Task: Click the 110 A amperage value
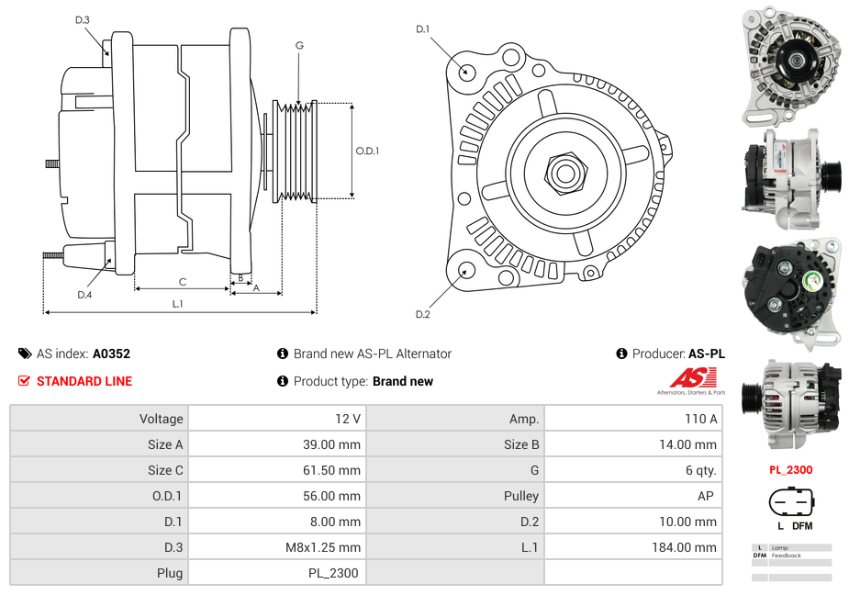(x=701, y=419)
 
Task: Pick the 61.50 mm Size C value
(x=330, y=470)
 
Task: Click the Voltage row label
(x=161, y=419)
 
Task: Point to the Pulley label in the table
(x=521, y=496)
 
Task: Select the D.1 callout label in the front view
(x=422, y=29)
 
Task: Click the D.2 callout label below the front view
(x=422, y=315)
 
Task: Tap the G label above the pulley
(x=299, y=45)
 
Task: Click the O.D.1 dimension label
(x=367, y=151)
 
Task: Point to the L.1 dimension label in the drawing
(x=177, y=304)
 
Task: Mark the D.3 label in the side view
(x=83, y=20)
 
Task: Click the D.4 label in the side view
(x=84, y=295)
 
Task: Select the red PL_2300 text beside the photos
(x=790, y=470)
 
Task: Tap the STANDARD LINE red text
(x=84, y=381)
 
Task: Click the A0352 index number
(x=111, y=354)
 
